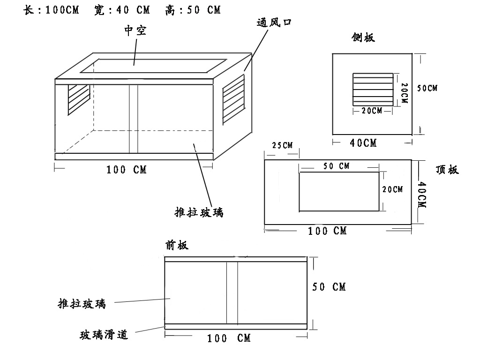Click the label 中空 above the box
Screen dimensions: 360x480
click(135, 31)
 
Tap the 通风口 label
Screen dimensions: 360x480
click(274, 22)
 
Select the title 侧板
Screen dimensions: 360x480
click(363, 37)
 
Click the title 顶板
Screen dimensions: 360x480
click(447, 170)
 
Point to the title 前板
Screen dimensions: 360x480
click(177, 245)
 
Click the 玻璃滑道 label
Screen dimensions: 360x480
click(104, 335)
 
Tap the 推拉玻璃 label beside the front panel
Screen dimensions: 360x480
click(82, 304)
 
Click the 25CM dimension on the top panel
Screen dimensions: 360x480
click(282, 145)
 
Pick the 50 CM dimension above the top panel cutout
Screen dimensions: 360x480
click(337, 166)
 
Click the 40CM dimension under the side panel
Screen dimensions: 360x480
click(363, 142)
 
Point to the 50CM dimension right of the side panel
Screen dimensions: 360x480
click(427, 88)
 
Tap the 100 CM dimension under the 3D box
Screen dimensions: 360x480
click(127, 170)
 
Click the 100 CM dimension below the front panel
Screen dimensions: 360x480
click(229, 338)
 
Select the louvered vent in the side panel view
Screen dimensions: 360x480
click(373, 89)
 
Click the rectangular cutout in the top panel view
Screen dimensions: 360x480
click(338, 192)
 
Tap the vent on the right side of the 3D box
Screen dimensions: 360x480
click(233, 99)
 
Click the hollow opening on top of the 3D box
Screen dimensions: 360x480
click(154, 66)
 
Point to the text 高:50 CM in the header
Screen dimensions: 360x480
click(193, 10)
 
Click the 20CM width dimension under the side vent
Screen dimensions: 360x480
click(372, 111)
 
